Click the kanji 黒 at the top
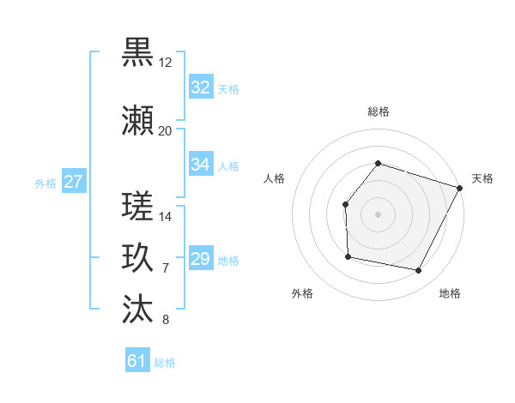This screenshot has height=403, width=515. tap(138, 53)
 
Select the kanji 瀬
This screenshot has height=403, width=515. tap(138, 121)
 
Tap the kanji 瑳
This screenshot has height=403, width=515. tap(138, 207)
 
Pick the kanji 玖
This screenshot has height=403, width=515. tap(138, 257)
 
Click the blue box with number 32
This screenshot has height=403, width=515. tap(201, 87)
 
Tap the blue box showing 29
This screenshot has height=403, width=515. tap(201, 258)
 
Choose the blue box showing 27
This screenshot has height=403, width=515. tap(74, 181)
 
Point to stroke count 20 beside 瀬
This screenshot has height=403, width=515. tap(165, 131)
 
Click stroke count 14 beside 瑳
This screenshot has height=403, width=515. tap(166, 217)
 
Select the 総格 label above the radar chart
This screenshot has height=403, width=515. tap(378, 111)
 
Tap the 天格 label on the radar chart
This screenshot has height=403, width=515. tap(483, 178)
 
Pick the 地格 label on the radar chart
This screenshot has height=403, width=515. tap(450, 294)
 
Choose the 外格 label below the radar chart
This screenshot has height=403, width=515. tap(302, 294)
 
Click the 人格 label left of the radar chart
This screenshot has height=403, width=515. tap(275, 178)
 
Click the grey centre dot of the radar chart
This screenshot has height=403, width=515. tap(378, 214)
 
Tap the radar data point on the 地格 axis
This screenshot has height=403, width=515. tap(419, 271)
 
